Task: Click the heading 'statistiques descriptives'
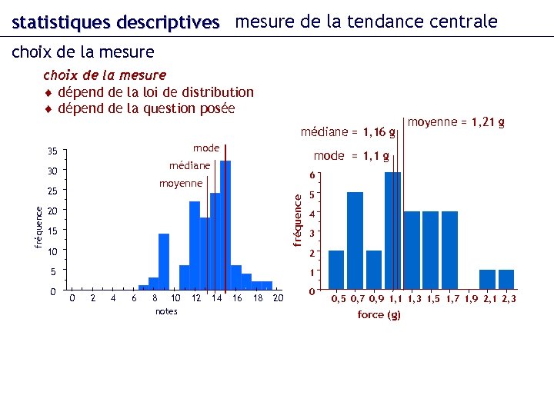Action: coord(115,22)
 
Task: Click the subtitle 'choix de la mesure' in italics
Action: coord(105,75)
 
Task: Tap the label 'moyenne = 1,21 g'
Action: coord(456,121)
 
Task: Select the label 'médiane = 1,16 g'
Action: coord(348,132)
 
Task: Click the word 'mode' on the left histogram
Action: coord(206,148)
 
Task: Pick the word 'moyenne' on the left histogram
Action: coord(180,183)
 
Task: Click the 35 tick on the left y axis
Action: coord(52,150)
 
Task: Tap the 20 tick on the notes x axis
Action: coord(278,298)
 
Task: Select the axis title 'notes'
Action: coord(166,311)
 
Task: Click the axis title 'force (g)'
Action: coord(379,315)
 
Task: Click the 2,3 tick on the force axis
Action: coord(509,298)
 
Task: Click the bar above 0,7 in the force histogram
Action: coord(355,242)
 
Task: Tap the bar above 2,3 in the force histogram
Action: coord(506,281)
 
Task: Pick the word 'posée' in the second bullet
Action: coord(217,108)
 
